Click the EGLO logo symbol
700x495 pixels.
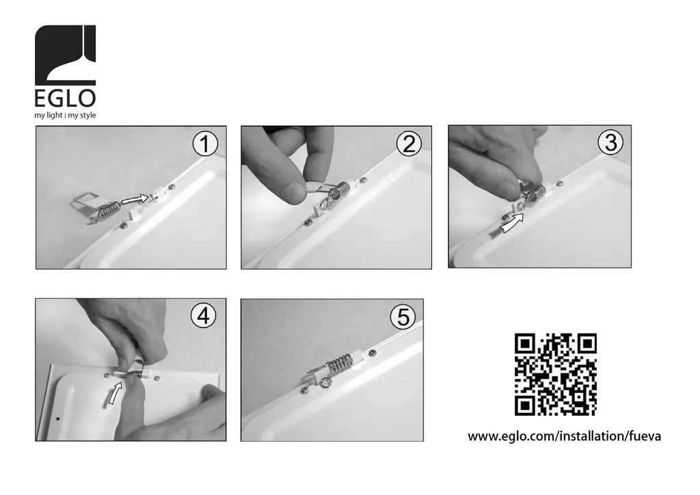65,55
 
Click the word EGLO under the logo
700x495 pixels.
65,98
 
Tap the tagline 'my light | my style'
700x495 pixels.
65,115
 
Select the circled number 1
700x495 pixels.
205,144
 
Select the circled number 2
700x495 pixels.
409,144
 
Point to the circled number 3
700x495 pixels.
610,142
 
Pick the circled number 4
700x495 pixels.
204,316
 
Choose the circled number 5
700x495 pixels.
403,317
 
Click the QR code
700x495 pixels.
555,375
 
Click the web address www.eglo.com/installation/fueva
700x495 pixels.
564,436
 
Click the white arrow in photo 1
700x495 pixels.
135,199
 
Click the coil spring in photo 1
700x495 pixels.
109,210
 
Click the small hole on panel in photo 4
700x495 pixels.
57,419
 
